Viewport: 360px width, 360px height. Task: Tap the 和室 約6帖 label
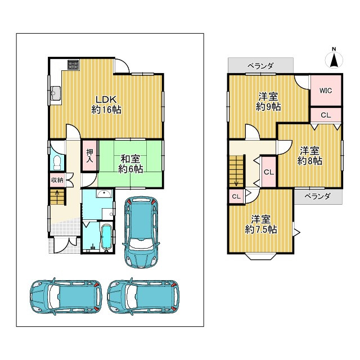[130, 164]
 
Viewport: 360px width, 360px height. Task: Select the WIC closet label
[326, 91]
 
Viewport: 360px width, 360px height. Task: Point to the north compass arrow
[334, 60]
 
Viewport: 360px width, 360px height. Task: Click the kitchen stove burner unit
[73, 65]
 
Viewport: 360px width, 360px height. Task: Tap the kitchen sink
[56, 93]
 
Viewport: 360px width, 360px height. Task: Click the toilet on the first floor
[57, 163]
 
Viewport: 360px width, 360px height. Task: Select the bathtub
[106, 237]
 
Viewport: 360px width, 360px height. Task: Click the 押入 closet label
[89, 156]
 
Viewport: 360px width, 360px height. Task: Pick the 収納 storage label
[57, 180]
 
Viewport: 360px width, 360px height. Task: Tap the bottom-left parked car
[66, 296]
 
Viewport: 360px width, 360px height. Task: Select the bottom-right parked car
[143, 296]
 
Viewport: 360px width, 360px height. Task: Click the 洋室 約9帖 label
[268, 101]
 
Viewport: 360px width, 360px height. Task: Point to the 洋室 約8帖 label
[309, 156]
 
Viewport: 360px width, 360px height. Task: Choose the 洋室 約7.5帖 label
[260, 224]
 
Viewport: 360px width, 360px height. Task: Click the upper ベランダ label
[260, 66]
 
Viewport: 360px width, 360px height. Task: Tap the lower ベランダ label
[317, 196]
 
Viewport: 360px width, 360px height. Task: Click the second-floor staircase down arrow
[236, 182]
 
